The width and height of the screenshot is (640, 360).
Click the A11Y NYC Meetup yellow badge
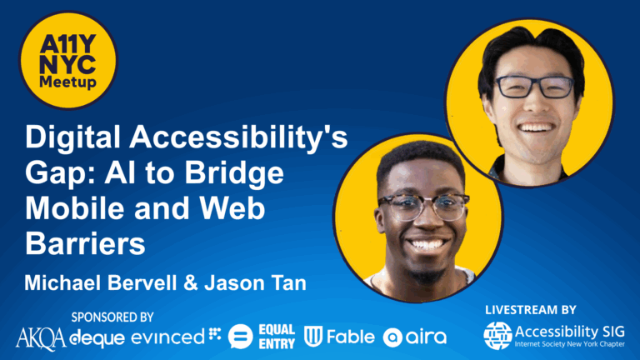pos(68,60)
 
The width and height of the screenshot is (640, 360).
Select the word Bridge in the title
pos(234,174)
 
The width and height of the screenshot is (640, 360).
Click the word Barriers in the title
pos(85,244)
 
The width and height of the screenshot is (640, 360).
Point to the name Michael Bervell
pos(101,282)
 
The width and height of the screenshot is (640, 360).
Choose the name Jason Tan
pos(256,282)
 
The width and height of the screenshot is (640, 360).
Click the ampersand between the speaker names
pos(191,282)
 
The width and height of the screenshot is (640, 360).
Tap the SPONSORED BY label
pos(112,317)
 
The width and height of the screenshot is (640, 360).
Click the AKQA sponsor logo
pos(41,339)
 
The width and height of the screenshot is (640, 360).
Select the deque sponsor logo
pos(97,338)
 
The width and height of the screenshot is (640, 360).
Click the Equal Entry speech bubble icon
pos(240,337)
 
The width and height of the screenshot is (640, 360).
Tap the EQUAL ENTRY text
pos(277,337)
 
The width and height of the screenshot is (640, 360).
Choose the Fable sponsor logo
pos(339,337)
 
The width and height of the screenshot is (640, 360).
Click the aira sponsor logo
pos(414,337)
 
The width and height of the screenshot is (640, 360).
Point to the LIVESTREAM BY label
pos(531,310)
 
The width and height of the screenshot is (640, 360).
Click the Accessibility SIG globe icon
pos(497,336)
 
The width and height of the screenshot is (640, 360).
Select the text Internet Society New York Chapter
pos(569,344)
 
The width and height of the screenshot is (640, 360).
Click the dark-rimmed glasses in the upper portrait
pos(535,87)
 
